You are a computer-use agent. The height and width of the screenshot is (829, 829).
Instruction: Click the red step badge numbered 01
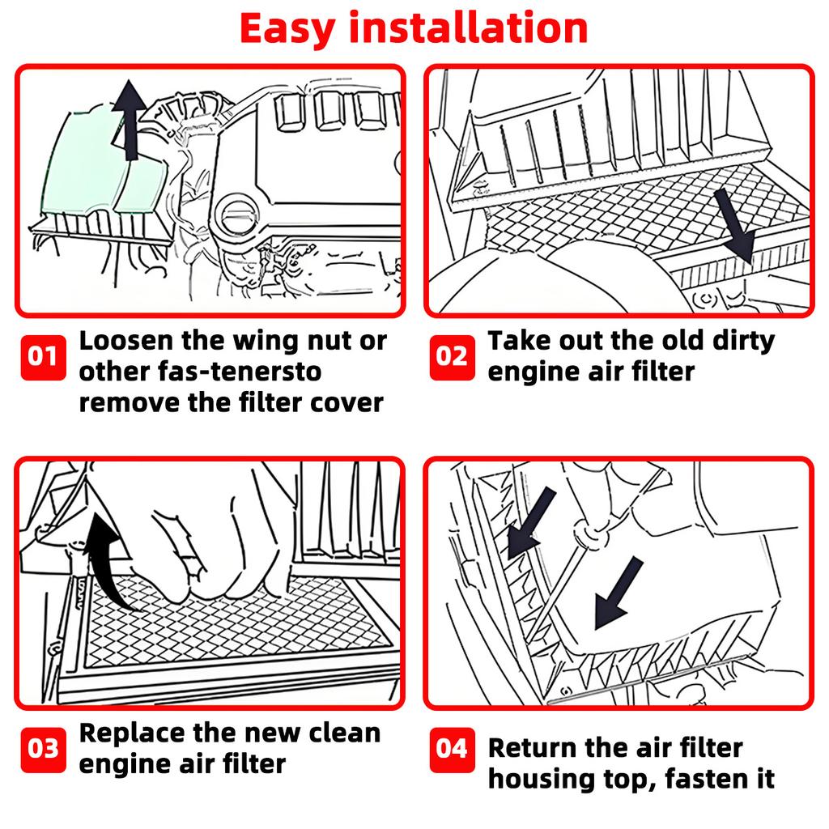tap(44, 357)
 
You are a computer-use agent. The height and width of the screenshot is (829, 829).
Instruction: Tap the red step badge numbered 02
tap(452, 357)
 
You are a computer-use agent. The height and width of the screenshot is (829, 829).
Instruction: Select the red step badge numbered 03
tap(44, 749)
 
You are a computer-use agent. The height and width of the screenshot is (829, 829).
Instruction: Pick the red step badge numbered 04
tap(452, 749)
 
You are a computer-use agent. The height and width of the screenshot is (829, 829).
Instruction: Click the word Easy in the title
tap(287, 28)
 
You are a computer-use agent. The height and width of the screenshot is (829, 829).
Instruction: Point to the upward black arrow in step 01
tap(129, 120)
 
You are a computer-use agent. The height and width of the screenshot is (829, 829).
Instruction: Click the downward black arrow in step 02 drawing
tap(735, 227)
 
